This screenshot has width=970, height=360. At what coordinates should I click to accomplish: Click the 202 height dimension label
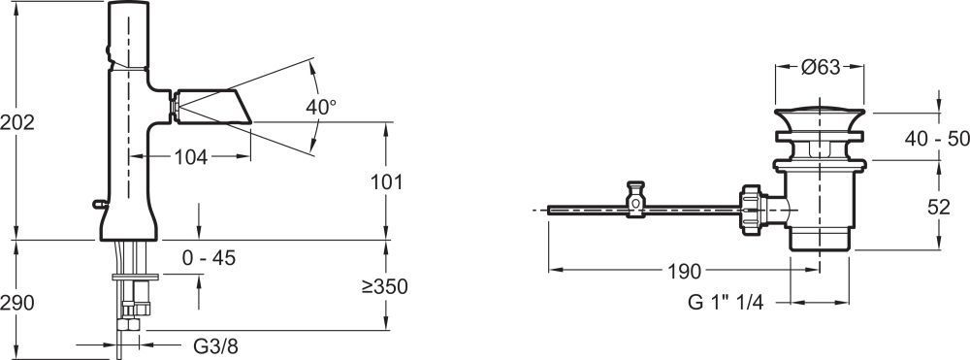tap(16, 122)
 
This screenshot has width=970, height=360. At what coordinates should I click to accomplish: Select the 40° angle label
tap(321, 107)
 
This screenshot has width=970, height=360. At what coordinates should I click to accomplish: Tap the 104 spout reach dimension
tap(190, 157)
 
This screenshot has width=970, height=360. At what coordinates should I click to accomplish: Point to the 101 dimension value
tap(387, 181)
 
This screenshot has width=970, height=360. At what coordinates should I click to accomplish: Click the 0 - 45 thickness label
tap(210, 258)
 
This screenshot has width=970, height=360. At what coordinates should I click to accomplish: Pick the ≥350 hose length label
tap(384, 286)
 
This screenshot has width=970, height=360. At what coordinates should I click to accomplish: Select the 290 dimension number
tap(16, 303)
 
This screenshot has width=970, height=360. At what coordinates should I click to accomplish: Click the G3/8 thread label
tap(215, 346)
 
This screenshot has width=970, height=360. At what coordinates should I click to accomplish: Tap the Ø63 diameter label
tap(821, 67)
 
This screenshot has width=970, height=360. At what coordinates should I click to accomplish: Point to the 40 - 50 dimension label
tap(937, 139)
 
